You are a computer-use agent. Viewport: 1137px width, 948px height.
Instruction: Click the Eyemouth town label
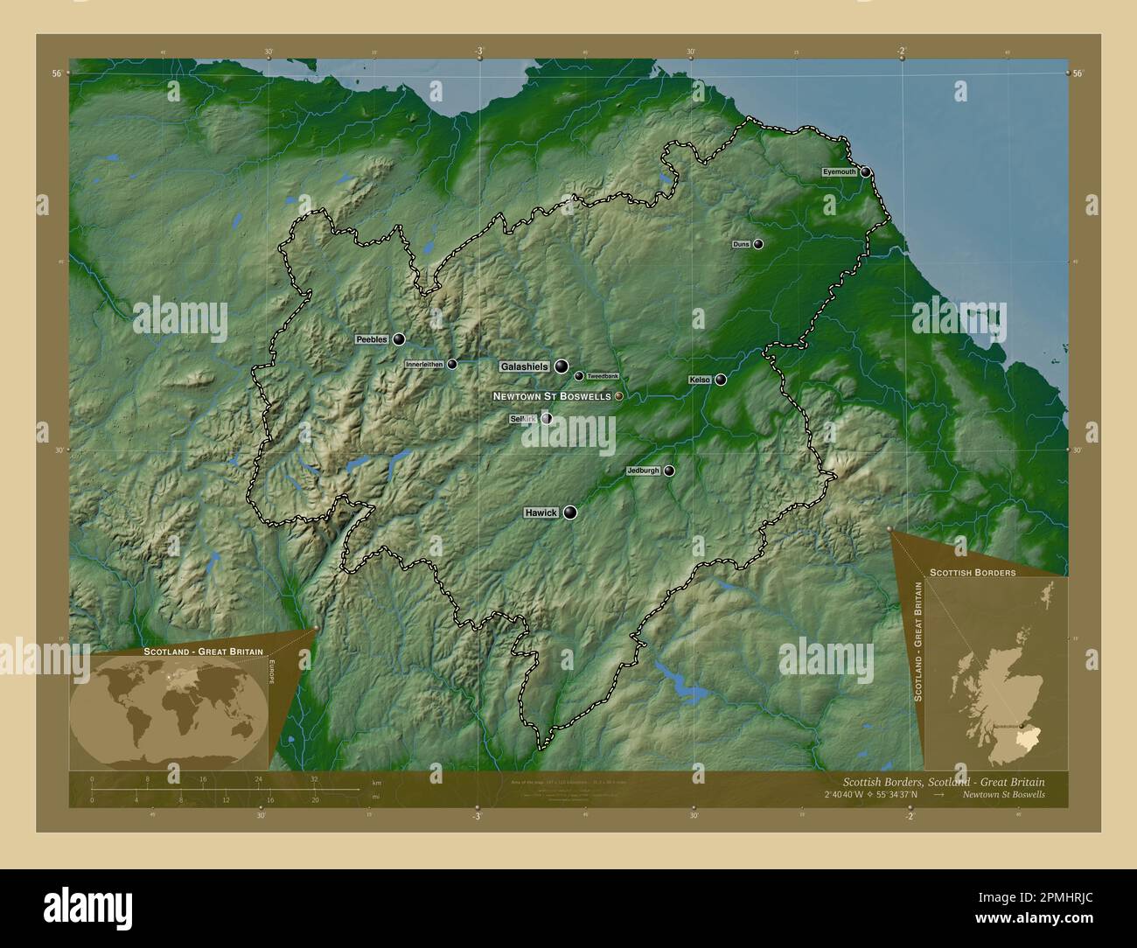point(839,172)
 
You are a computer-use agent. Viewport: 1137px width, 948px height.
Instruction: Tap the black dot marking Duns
point(758,244)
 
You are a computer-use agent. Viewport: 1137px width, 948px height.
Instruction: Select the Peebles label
point(371,338)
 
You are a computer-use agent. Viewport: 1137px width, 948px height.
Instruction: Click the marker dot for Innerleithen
point(452,365)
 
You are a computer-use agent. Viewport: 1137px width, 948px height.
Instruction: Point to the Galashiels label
point(524,366)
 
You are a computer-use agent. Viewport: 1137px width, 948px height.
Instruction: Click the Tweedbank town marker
point(579,376)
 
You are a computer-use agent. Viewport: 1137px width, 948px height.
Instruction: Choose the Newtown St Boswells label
point(552,396)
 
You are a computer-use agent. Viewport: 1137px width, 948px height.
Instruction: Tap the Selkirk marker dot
point(547,419)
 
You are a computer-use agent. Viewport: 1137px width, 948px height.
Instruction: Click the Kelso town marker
point(721,380)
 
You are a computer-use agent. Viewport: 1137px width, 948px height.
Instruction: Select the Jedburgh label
point(643,471)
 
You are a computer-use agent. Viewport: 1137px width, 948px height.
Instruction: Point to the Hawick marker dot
point(570,512)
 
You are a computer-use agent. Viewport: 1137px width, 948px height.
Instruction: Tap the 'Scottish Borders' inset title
point(972,572)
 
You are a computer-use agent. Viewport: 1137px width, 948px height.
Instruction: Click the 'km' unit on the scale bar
point(377,781)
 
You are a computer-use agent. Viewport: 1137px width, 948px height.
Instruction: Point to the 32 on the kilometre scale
point(314,778)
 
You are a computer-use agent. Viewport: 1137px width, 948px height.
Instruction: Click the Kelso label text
point(700,380)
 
